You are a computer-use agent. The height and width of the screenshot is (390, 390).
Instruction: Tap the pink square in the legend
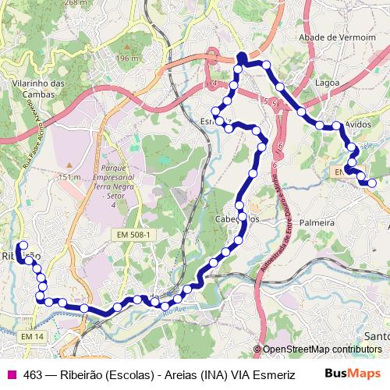(x=11, y=375)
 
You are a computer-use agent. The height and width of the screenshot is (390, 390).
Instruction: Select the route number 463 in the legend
(x=34, y=375)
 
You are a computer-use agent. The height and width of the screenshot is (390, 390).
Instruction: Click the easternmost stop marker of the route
(x=372, y=183)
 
